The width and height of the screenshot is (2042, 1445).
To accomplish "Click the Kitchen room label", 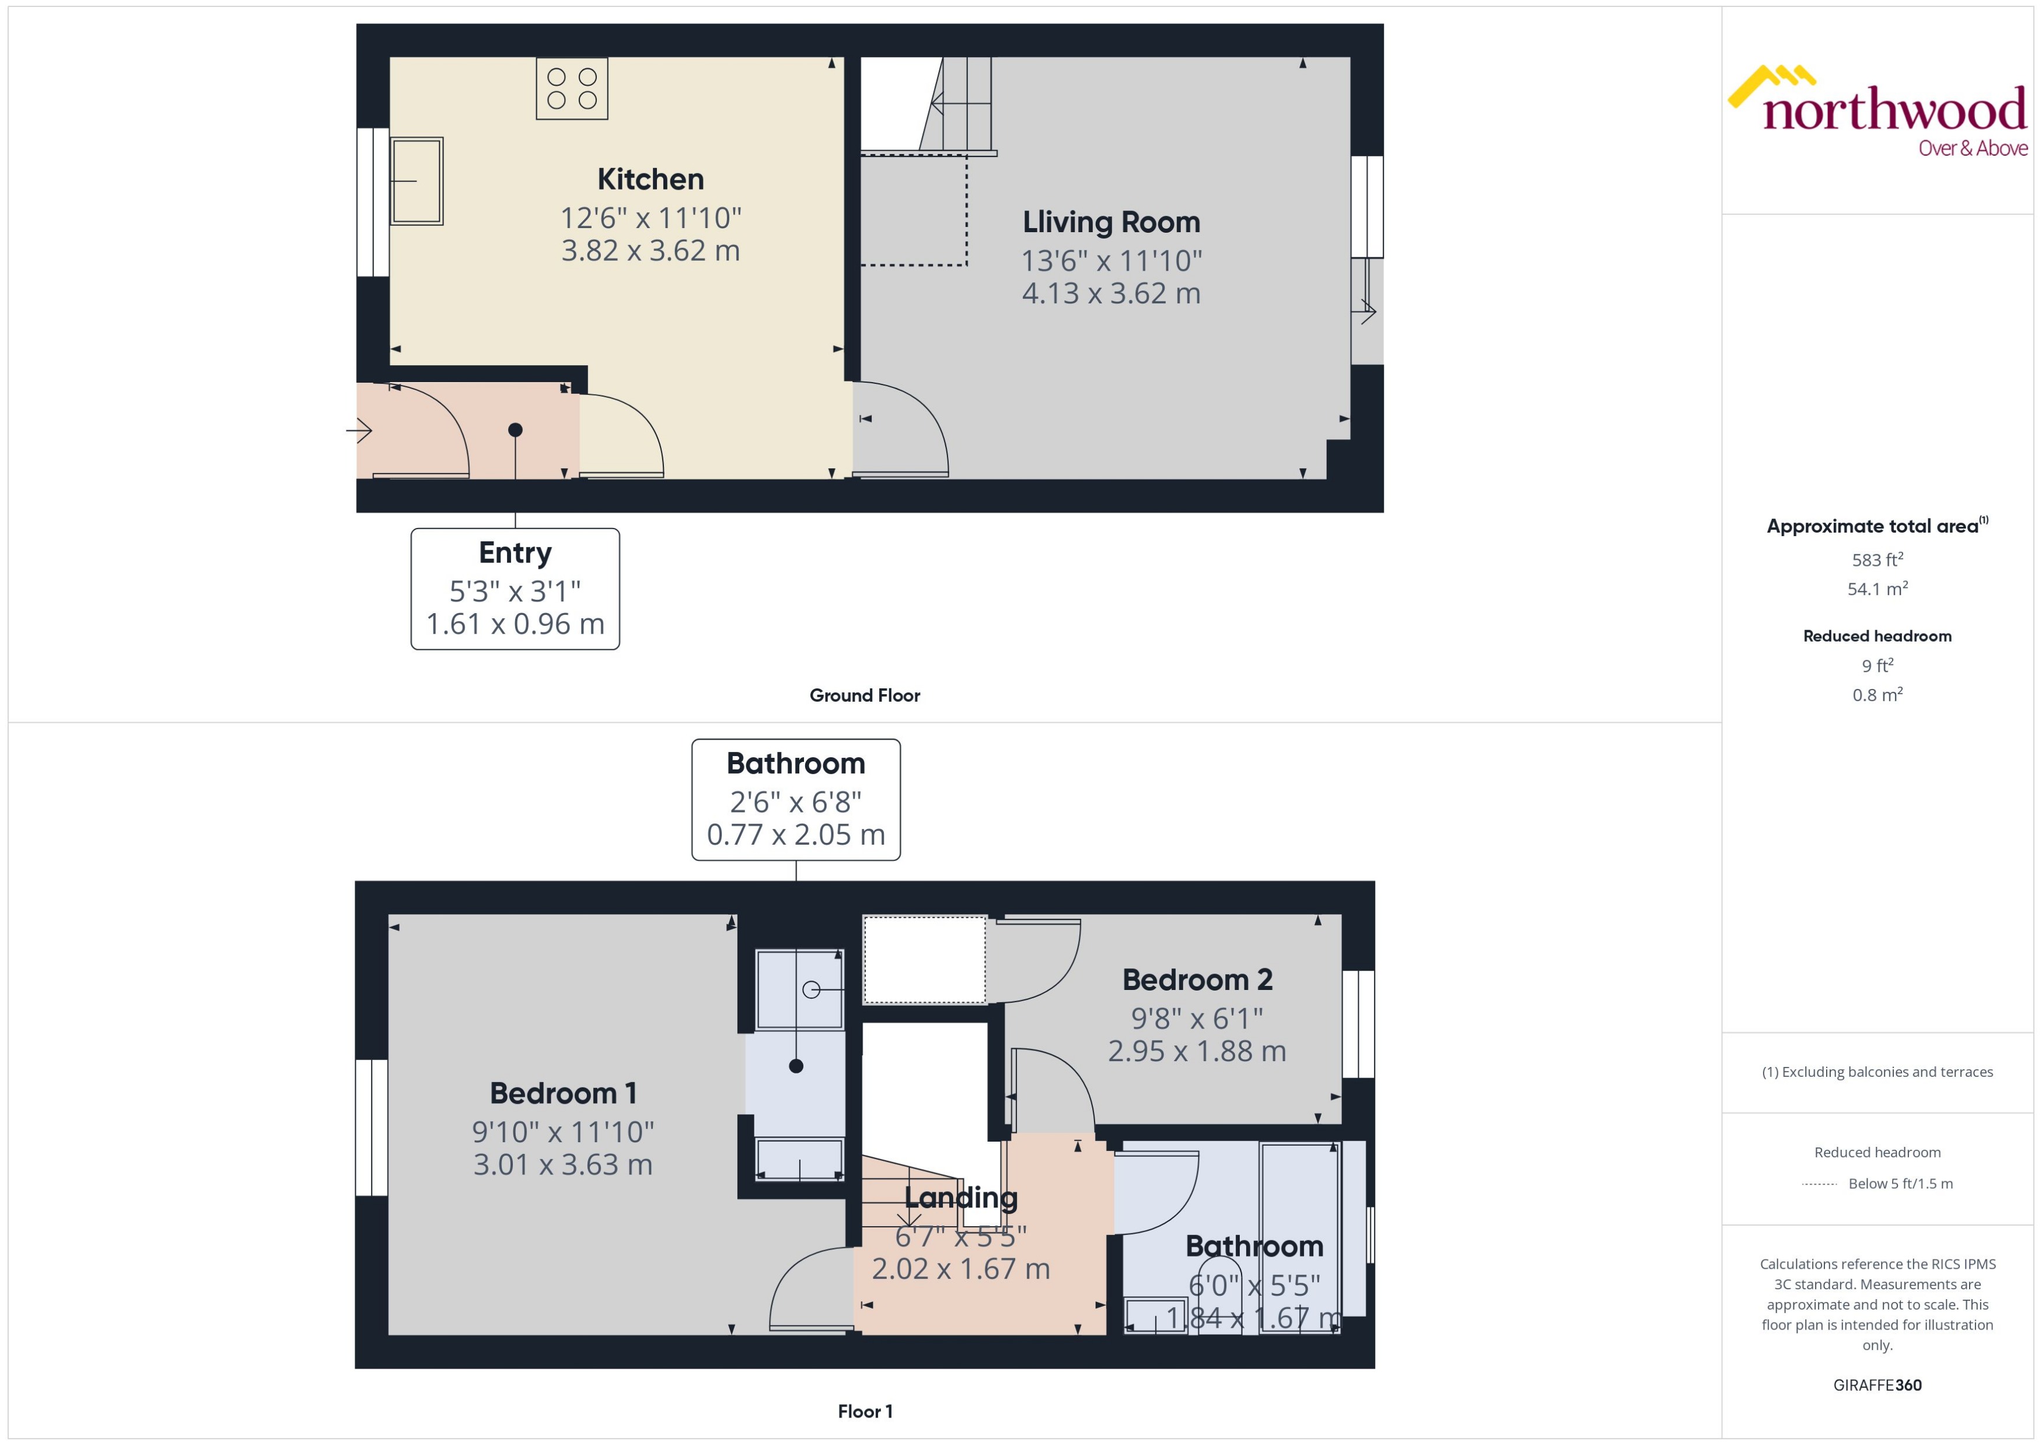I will click(651, 179).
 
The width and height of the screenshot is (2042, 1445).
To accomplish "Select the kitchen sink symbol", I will click(417, 181).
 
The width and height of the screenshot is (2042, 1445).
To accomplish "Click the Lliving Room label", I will click(1111, 222).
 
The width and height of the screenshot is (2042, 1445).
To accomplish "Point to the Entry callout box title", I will click(515, 552).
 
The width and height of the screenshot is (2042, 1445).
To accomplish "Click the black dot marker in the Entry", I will click(515, 430).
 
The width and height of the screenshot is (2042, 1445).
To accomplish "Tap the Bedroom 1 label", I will click(563, 1093).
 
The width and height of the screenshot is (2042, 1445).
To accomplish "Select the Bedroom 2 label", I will click(1198, 979).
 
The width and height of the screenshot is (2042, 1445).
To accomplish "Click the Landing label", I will click(961, 1198).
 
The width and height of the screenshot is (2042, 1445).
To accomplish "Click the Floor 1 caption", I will click(865, 1411).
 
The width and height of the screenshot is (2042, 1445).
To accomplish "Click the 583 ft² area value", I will click(1877, 559).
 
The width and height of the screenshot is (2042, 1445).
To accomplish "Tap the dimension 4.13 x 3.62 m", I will click(1111, 293).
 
